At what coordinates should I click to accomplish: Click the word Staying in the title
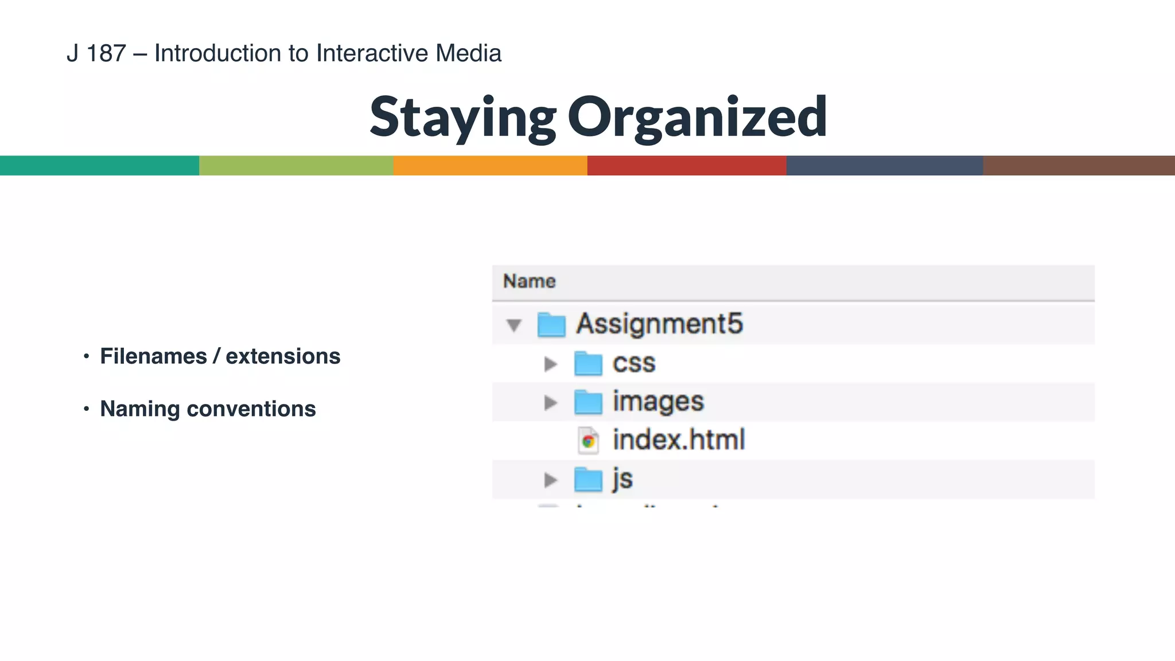[462, 118]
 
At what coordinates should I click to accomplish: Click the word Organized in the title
[697, 118]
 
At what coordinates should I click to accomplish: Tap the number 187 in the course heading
[106, 53]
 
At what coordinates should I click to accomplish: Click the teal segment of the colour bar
[99, 165]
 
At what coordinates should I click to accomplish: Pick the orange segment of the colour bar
[490, 165]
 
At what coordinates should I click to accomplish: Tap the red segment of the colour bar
[686, 165]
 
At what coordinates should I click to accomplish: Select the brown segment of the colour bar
[1079, 165]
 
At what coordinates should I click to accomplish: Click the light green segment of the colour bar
[296, 165]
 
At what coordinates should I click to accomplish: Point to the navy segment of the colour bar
[884, 165]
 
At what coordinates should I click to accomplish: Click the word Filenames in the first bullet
[153, 356]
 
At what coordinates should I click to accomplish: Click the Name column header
[529, 281]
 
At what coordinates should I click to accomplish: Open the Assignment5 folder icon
[551, 325]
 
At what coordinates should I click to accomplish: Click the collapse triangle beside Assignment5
[514, 325]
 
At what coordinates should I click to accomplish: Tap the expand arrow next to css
[550, 364]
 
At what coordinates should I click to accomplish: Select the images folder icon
[588, 402]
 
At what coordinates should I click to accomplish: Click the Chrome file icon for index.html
[588, 441]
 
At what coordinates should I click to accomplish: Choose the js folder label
[622, 479]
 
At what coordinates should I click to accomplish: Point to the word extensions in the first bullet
[283, 356]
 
